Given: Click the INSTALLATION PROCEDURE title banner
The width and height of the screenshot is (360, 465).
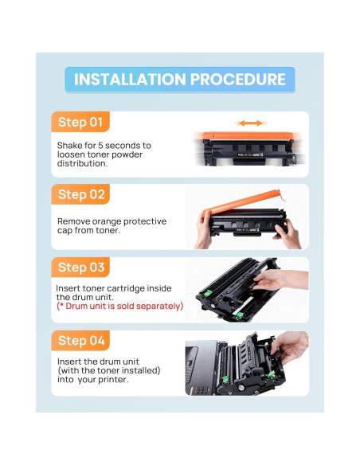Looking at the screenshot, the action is coord(180,80).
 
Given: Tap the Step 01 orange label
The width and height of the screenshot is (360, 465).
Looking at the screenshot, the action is coord(80,122).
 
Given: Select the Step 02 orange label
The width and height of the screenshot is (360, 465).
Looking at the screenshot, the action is coord(80,194).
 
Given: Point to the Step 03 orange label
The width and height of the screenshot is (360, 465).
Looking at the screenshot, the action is coord(80,268).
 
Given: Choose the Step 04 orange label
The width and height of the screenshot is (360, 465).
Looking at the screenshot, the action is coord(80,341).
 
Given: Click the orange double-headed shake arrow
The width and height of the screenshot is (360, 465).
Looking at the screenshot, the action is coord(251,123).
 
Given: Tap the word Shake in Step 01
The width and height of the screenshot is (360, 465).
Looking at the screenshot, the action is coord(69,145).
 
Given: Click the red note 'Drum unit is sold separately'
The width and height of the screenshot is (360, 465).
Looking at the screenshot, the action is coord(119,306).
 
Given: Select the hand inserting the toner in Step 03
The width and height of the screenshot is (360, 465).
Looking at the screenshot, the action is coord(279,279).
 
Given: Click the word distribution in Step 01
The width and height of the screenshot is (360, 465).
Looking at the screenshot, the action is coord(82,163).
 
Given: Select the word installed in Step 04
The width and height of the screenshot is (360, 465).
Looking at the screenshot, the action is coord(141,370).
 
